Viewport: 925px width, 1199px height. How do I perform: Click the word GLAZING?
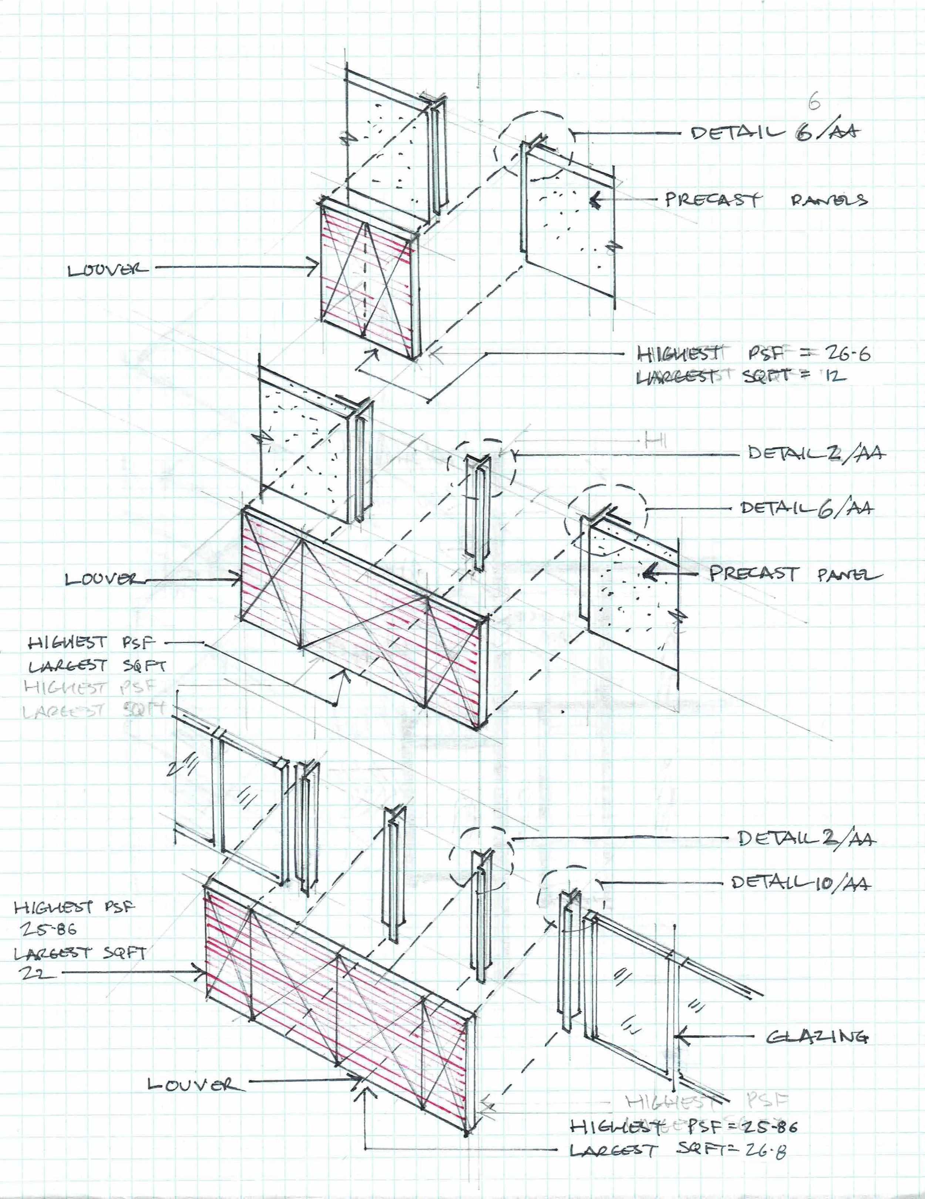coord(817,1037)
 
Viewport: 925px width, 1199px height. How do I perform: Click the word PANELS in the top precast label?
coord(828,200)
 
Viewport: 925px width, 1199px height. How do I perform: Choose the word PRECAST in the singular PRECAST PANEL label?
coord(753,574)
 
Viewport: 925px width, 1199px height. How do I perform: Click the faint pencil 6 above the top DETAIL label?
coord(814,102)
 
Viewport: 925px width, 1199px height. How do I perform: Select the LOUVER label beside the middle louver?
coord(101,579)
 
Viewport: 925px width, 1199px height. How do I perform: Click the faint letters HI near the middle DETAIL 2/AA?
coord(656,440)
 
